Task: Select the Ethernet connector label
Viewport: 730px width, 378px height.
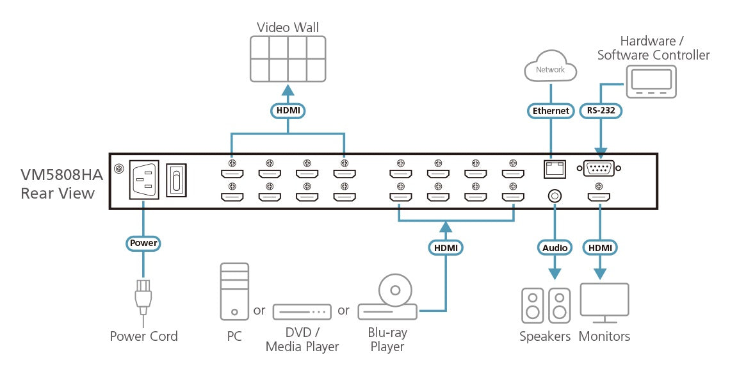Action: pyautogui.click(x=551, y=110)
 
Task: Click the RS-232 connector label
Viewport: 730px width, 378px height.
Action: pyautogui.click(x=600, y=110)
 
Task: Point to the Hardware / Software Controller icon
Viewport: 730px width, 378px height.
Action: pyautogui.click(x=651, y=81)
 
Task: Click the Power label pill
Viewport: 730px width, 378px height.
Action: pyautogui.click(x=143, y=243)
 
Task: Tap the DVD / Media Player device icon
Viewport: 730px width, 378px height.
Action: pyautogui.click(x=302, y=311)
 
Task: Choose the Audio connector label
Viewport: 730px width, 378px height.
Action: pyautogui.click(x=555, y=247)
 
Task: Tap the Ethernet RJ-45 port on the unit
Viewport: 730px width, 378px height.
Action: pyautogui.click(x=553, y=168)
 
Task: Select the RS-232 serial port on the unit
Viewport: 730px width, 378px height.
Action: pyautogui.click(x=600, y=168)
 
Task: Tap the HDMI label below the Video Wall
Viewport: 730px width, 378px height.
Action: pyautogui.click(x=288, y=110)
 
